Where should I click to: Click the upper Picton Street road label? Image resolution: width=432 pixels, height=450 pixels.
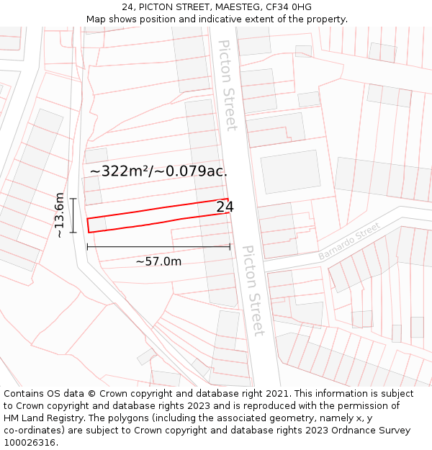click(228, 85)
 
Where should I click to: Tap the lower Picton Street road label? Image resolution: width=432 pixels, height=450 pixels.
click(253, 291)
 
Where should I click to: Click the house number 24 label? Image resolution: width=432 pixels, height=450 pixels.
click(225, 207)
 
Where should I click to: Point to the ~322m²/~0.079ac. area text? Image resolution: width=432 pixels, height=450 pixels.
click(158, 171)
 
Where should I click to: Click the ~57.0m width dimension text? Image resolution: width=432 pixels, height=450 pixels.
click(158, 261)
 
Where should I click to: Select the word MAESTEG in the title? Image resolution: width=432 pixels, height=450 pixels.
click(235, 7)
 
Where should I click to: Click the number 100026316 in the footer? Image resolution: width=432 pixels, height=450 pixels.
click(29, 443)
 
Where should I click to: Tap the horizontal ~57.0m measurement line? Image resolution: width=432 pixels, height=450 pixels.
click(158, 247)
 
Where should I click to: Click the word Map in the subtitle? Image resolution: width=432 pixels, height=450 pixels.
click(96, 19)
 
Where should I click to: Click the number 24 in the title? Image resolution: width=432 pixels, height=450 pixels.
click(127, 7)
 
